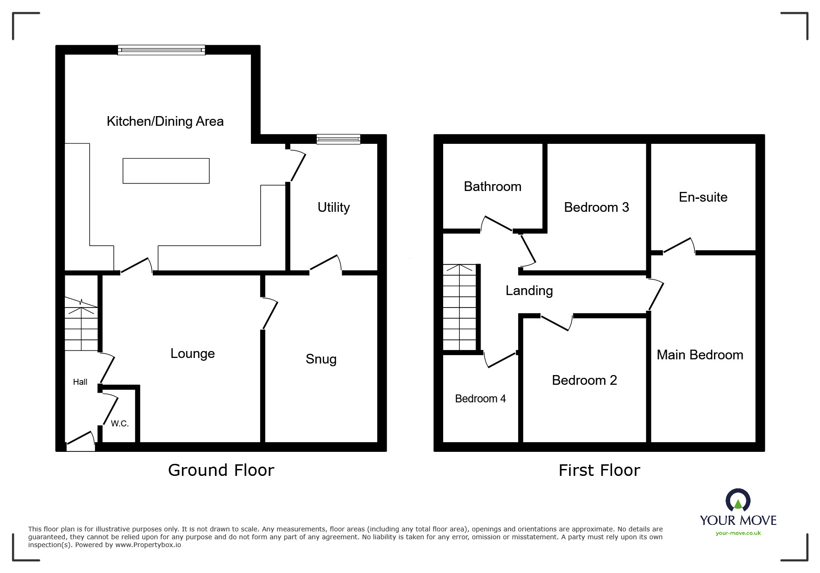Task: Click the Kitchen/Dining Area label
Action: [x=165, y=121]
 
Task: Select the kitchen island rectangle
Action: [x=166, y=171]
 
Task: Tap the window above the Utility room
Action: [x=338, y=139]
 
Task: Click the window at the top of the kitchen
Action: [x=161, y=50]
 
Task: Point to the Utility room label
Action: [x=333, y=207]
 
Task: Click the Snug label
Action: [x=321, y=359]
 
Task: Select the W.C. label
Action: [x=119, y=424]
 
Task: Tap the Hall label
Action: [x=80, y=382]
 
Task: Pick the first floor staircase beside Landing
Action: [x=459, y=308]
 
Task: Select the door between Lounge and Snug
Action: [x=269, y=314]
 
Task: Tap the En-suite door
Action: [x=679, y=246]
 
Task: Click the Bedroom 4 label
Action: [x=480, y=399]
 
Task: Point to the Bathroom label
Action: [x=492, y=186]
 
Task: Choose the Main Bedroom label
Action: [x=700, y=355]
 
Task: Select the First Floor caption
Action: [x=599, y=470]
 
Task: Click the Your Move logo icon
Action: [x=738, y=500]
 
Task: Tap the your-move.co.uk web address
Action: [x=738, y=533]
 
